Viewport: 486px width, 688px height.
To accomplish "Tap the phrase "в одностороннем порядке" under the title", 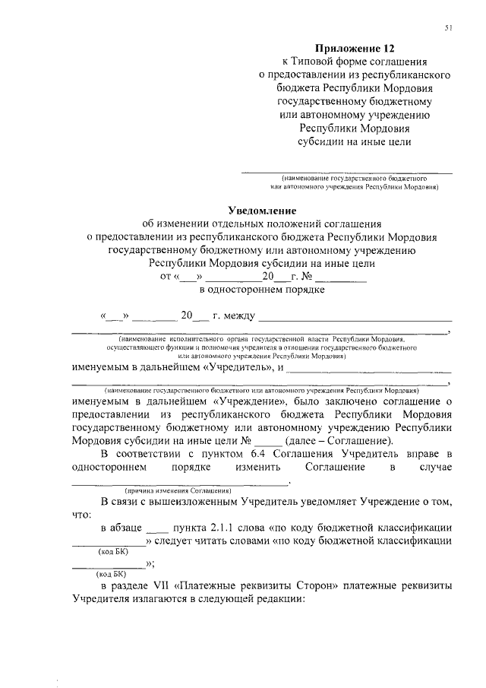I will click(262, 289).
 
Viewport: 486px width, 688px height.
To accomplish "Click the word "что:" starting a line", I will click(81, 514).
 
